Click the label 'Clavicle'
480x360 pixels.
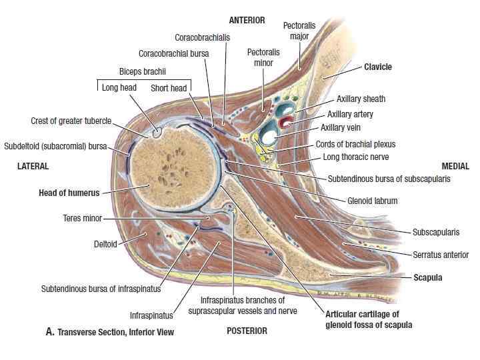point(378,67)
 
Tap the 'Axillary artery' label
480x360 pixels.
point(350,114)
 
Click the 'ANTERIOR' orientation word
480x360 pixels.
point(247,21)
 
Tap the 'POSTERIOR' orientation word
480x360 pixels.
point(247,331)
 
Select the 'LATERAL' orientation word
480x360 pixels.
point(33,166)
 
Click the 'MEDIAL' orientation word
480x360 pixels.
point(455,166)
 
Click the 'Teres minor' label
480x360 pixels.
point(83,218)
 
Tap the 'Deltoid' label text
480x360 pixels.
point(105,244)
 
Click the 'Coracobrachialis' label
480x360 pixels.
point(203,37)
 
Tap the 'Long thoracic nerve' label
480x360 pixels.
point(356,157)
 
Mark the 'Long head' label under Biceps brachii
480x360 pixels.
point(119,87)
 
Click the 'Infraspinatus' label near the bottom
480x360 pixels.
point(151,315)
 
